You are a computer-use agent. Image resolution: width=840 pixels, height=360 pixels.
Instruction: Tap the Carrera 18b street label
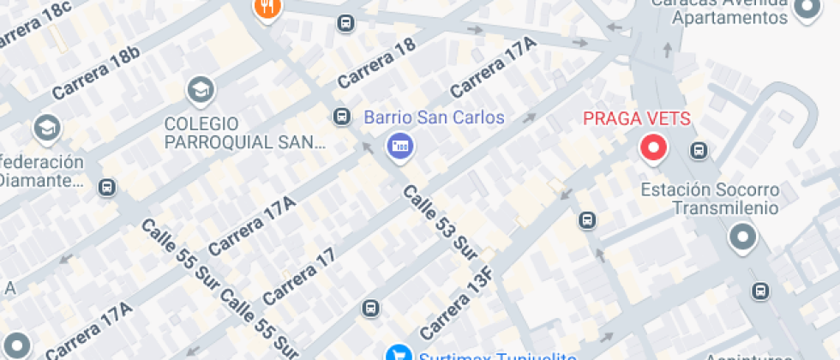pos(95,72)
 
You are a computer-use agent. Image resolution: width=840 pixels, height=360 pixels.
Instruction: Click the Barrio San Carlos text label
pos(435,117)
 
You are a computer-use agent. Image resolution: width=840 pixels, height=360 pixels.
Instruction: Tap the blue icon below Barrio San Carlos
pos(399,146)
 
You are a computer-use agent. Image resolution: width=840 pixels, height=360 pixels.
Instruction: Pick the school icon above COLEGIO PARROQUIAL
pos(201,89)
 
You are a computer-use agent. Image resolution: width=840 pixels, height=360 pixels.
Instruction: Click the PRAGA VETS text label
pos(637,118)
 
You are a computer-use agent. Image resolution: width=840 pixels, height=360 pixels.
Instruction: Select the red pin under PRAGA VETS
pos(655,149)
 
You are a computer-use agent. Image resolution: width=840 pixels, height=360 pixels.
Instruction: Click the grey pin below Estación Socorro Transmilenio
pos(742,237)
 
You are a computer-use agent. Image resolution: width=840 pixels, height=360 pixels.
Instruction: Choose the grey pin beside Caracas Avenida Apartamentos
pos(807,9)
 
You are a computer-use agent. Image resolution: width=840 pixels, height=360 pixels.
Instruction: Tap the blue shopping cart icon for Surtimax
pos(398,352)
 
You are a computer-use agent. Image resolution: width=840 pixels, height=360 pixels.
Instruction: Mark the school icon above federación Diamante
pos(46,129)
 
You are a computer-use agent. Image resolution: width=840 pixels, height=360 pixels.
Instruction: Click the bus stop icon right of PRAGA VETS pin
pos(699,152)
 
